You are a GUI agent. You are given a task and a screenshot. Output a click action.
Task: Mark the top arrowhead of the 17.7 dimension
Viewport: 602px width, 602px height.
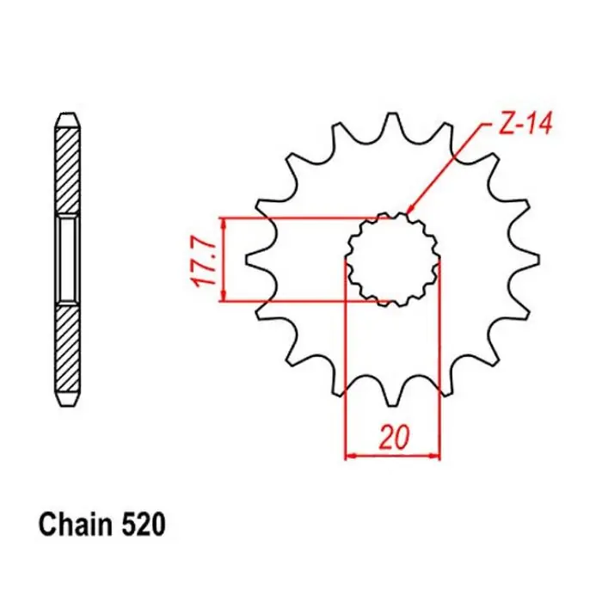click(x=224, y=223)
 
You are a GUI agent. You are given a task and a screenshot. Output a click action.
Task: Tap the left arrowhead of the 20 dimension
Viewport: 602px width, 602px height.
click(x=350, y=457)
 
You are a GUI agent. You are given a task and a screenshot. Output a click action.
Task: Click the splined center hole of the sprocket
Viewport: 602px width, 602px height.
click(x=392, y=258)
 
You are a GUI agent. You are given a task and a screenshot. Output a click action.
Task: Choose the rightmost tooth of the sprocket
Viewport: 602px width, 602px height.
click(x=528, y=258)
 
